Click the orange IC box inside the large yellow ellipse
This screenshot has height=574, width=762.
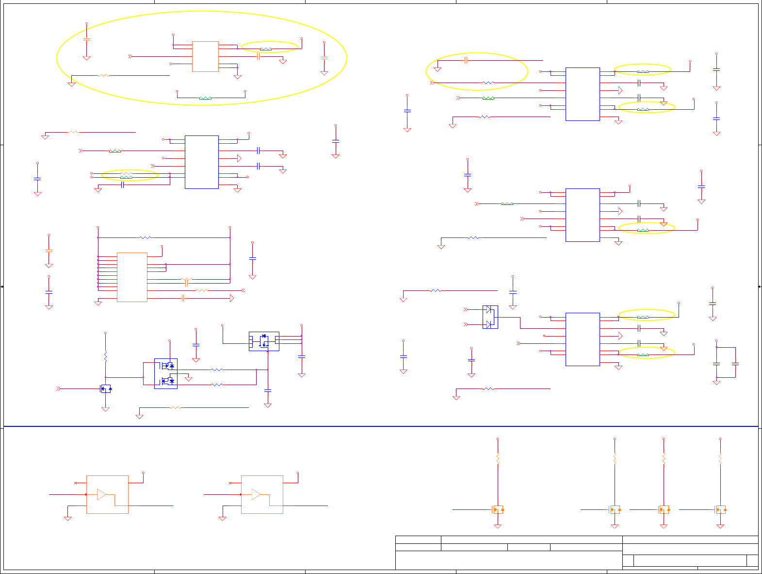point(205,56)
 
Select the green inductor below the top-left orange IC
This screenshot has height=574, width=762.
point(205,98)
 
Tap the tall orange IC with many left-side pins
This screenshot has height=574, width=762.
point(132,277)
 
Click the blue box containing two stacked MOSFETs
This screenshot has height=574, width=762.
point(166,373)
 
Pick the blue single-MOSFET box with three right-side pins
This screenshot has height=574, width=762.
point(264,341)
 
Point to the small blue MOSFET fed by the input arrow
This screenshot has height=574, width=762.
point(106,388)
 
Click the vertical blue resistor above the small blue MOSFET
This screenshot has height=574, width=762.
point(105,357)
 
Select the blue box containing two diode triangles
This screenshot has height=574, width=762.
point(490,317)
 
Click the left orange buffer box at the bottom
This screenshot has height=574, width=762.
point(107,494)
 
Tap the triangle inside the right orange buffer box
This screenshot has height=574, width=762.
point(256,494)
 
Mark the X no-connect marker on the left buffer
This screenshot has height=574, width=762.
point(75,483)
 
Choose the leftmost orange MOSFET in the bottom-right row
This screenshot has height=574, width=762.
point(498,509)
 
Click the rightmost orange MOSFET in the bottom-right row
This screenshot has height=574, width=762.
point(721,509)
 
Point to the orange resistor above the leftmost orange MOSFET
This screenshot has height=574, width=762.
point(498,458)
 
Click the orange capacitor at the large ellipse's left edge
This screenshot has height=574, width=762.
point(87,39)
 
